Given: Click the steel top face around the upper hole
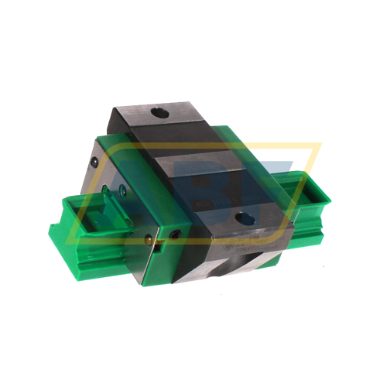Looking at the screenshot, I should pyautogui.click(x=166, y=124).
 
